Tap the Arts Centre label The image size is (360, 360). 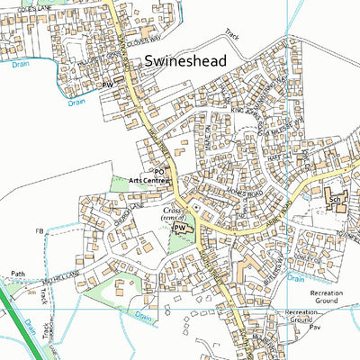tap(148, 181)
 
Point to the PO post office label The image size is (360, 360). tap(159, 171)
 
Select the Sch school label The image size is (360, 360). tap(333, 199)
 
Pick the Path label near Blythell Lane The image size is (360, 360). tap(18, 273)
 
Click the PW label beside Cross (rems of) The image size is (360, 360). tap(178, 229)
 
